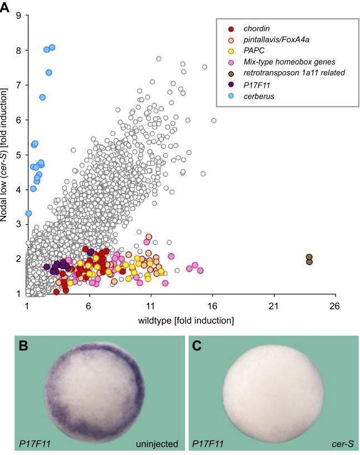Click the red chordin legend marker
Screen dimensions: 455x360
(230, 29)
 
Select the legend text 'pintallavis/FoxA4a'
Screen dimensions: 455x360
(272, 40)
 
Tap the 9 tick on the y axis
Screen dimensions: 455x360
(19, 16)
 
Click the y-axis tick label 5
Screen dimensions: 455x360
(19, 155)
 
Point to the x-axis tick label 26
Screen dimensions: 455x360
(334, 305)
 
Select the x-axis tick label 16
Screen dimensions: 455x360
(212, 305)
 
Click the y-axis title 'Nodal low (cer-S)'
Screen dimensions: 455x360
(7, 155)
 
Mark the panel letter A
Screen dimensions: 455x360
(7, 7)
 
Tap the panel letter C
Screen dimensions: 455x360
(198, 346)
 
